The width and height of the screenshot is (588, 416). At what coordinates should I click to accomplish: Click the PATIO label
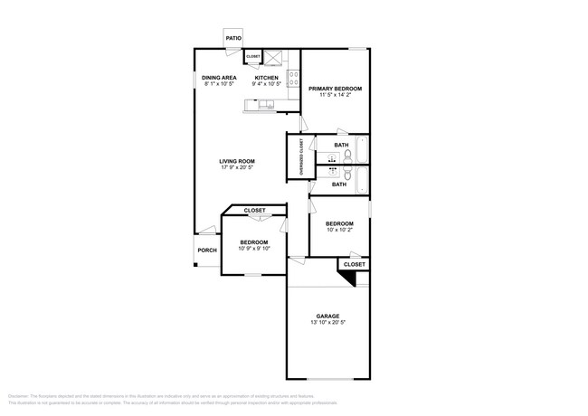(233, 39)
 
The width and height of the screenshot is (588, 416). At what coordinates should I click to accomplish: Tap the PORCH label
(207, 251)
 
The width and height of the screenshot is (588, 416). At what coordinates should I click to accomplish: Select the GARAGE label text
(327, 316)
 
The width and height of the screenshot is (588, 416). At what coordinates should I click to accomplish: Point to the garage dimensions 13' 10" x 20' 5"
(327, 324)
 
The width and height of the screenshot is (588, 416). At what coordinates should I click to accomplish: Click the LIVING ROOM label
(237, 161)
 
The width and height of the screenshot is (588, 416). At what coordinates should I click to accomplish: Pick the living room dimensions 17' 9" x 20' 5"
(237, 168)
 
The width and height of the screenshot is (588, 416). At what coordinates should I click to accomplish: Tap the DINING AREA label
(219, 79)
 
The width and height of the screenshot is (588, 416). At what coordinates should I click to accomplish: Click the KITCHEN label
(266, 79)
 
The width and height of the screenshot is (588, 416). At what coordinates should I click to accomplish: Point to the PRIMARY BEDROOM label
(335, 89)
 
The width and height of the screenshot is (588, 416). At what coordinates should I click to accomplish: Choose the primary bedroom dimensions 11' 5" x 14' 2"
(335, 96)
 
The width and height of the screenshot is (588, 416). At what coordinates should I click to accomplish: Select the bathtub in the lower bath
(362, 181)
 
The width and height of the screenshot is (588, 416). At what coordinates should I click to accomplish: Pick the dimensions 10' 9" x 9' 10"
(254, 249)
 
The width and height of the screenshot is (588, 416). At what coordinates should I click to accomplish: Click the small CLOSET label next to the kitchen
(253, 57)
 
